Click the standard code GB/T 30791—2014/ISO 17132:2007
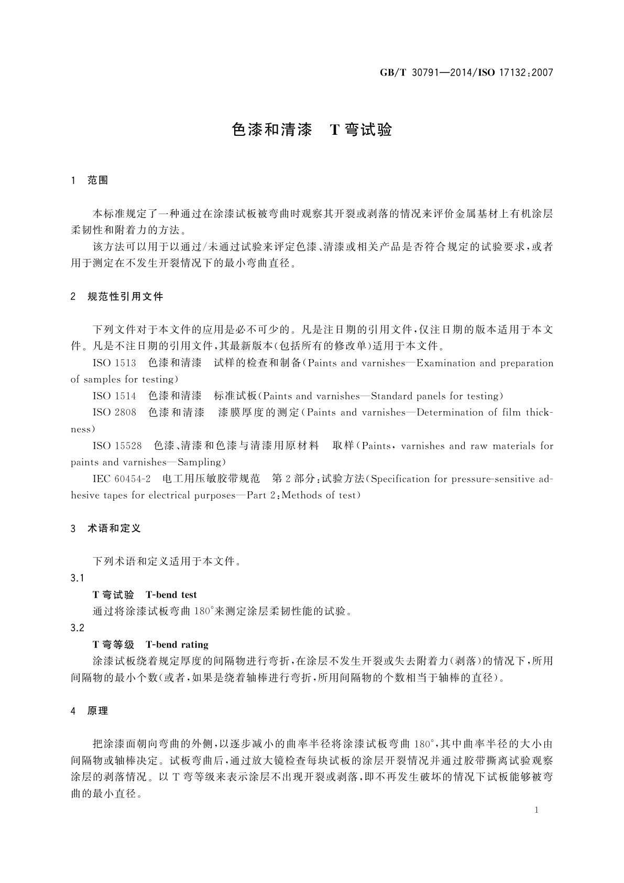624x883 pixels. [x=466, y=73]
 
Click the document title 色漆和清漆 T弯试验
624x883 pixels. [x=312, y=130]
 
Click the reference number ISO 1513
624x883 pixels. [x=114, y=363]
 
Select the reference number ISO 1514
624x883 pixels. [x=114, y=396]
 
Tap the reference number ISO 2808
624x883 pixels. [x=114, y=413]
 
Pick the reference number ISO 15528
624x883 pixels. [x=117, y=446]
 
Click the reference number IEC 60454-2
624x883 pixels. [x=122, y=479]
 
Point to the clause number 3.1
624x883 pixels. [x=77, y=578]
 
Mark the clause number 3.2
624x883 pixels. [x=77, y=628]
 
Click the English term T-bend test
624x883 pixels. [x=171, y=595]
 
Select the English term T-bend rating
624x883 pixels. [x=177, y=644]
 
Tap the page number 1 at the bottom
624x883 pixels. [x=536, y=810]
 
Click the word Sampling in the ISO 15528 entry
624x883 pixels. [x=200, y=462]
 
